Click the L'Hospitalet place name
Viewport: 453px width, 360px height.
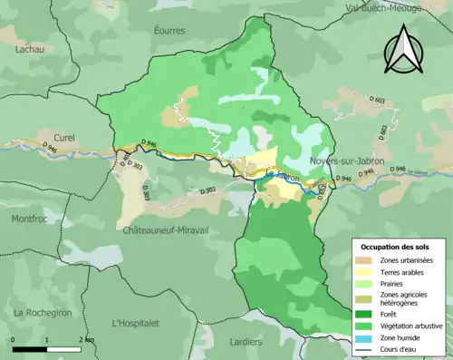(x=135, y=323)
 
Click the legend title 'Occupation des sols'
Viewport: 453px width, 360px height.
(x=397, y=247)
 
